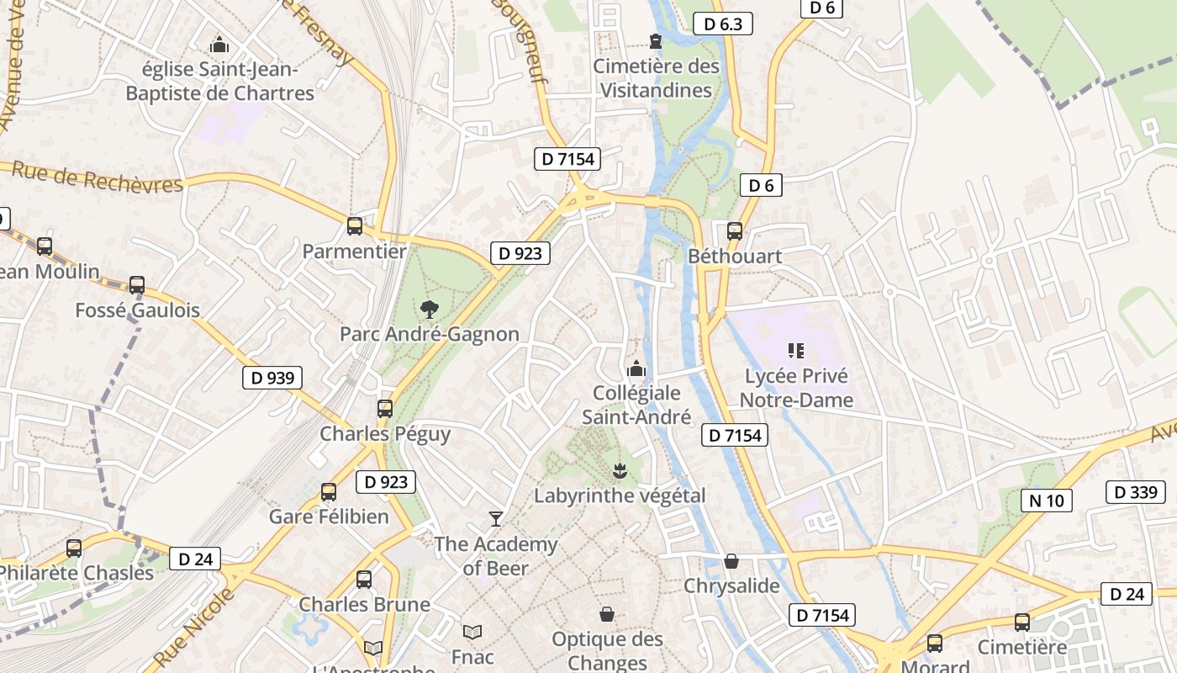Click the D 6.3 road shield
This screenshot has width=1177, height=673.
(x=723, y=24)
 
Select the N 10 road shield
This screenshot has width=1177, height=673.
(x=1047, y=501)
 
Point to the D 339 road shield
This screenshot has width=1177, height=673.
(x=1136, y=492)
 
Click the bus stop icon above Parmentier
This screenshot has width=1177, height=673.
(x=355, y=225)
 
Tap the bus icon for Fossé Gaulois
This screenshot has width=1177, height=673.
(x=137, y=285)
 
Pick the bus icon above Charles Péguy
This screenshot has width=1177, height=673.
(x=385, y=409)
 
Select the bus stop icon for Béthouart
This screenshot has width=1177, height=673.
(x=735, y=231)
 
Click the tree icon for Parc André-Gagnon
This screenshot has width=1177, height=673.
(x=430, y=309)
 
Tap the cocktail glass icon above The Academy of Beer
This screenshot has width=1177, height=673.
(x=496, y=518)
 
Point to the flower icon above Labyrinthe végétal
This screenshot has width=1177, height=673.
(x=620, y=470)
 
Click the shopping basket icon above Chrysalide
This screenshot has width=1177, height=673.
(x=731, y=561)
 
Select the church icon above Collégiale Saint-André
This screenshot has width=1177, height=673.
(x=636, y=368)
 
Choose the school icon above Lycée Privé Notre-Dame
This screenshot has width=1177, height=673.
(x=796, y=350)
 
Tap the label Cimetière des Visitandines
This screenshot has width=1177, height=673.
(x=657, y=78)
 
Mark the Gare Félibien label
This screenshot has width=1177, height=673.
(x=329, y=517)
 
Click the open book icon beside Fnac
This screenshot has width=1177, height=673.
(x=472, y=631)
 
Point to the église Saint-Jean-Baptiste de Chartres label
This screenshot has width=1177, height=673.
(x=219, y=81)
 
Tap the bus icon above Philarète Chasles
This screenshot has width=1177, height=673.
(x=74, y=548)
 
